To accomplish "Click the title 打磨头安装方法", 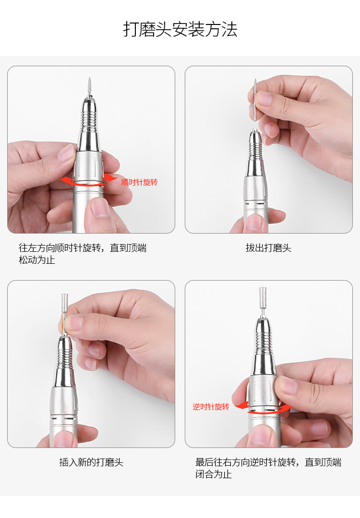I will pyautogui.click(x=180, y=30).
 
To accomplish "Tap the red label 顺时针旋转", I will pyautogui.click(x=139, y=182).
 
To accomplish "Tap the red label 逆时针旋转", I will pyautogui.click(x=211, y=407).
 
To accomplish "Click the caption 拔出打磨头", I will pyautogui.click(x=268, y=248).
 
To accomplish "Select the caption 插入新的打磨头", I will pyautogui.click(x=91, y=462).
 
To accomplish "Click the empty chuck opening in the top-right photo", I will pyautogui.click(x=254, y=130).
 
